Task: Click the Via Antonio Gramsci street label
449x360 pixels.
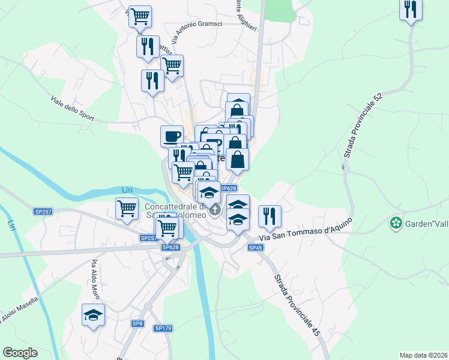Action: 196,32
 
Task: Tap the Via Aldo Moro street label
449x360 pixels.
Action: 95,277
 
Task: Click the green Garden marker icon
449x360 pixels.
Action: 396,223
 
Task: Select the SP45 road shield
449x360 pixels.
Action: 256,247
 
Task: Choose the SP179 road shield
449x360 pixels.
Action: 163,328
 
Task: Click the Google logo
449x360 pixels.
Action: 20,353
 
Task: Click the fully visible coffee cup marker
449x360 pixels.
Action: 172,135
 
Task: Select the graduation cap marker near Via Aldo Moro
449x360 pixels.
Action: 94,314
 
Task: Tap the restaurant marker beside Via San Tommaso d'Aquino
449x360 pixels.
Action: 270,215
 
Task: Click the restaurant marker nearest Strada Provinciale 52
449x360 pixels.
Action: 411,8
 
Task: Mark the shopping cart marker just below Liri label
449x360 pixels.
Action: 127,208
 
